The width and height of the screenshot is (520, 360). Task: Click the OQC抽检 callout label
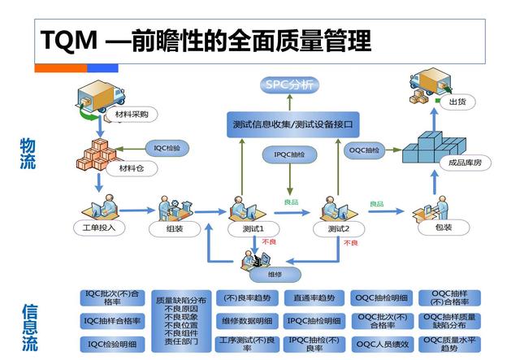point(365,150)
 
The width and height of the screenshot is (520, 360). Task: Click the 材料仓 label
point(130,169)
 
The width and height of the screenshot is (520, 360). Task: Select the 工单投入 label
point(99,228)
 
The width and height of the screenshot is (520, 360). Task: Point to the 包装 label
point(444,229)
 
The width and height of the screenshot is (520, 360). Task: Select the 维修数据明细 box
point(248,320)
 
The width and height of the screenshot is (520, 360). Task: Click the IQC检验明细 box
point(110,343)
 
